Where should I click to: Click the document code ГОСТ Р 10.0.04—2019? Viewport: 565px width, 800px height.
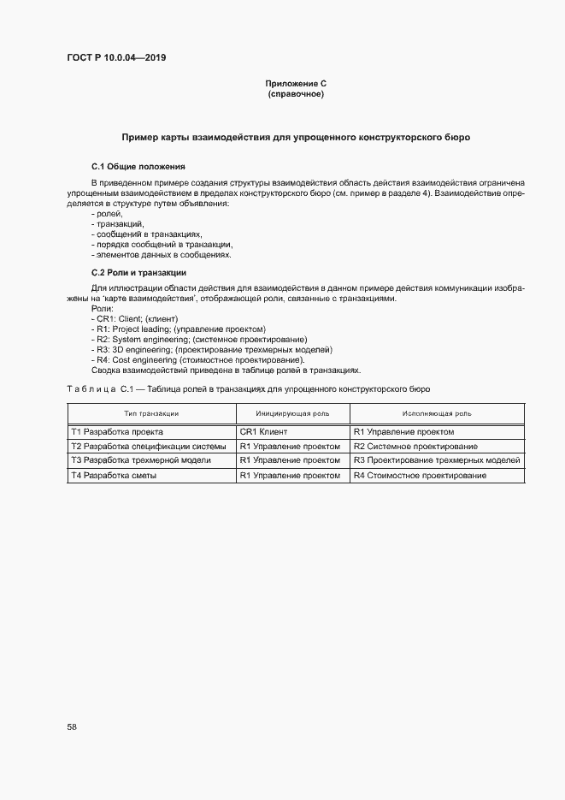point(115,57)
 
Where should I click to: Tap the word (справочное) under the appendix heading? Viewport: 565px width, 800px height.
point(295,94)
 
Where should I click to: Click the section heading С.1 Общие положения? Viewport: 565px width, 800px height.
point(138,166)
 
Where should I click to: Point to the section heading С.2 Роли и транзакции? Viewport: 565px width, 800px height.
point(138,272)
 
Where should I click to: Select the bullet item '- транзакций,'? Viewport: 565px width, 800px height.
point(112,224)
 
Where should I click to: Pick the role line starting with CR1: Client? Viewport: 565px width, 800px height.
point(134,318)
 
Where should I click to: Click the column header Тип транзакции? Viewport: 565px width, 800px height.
point(151,413)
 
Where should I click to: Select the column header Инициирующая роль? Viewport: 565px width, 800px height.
point(292,413)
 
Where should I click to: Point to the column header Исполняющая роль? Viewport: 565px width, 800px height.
point(437,413)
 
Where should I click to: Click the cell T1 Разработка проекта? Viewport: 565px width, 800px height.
point(117,432)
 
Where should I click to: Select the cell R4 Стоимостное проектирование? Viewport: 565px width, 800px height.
point(420,475)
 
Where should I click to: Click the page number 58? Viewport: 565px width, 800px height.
point(72,726)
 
